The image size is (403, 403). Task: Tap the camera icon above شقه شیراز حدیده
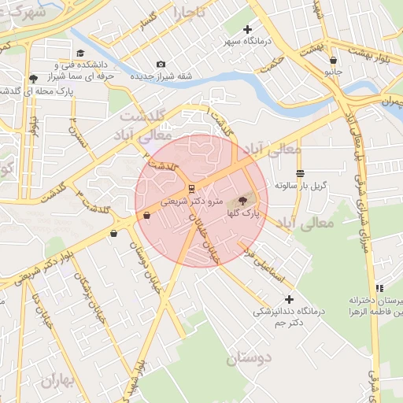tap(161, 65)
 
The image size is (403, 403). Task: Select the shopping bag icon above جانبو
tap(334, 60)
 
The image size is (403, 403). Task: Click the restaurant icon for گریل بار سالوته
tap(300, 174)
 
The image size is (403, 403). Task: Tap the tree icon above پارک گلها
tap(241, 201)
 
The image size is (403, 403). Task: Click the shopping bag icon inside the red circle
tap(146, 216)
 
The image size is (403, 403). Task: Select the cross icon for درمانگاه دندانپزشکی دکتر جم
tap(289, 299)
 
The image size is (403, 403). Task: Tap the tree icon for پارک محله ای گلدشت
tap(33, 79)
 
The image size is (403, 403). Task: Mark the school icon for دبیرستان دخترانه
tap(380, 289)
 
